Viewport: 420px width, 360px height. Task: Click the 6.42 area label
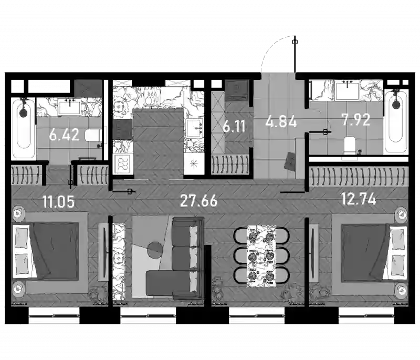(64, 135)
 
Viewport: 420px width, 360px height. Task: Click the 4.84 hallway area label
(281, 122)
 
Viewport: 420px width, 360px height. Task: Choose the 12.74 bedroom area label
(358, 199)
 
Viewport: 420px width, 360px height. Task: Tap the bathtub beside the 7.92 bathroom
(396, 121)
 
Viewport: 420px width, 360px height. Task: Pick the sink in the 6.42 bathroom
(69, 108)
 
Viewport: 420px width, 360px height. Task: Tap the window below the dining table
(257, 315)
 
